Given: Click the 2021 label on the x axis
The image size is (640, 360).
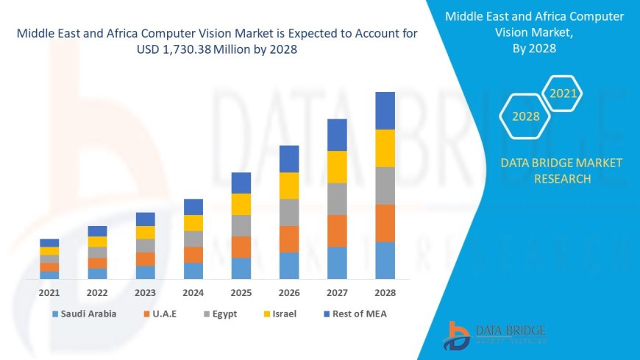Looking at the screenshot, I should click(x=49, y=292).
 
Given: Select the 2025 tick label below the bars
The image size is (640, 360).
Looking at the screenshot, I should click(x=241, y=292).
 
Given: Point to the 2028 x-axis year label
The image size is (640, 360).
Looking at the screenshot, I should click(x=385, y=292).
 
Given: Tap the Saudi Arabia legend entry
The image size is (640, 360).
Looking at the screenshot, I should click(x=84, y=314).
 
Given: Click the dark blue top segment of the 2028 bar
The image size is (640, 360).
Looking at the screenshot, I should click(x=385, y=110).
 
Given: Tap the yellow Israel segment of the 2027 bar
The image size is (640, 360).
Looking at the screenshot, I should click(x=337, y=166).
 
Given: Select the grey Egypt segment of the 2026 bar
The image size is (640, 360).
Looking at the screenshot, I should click(x=289, y=212).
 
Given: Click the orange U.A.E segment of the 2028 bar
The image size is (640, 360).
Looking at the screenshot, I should click(x=385, y=223).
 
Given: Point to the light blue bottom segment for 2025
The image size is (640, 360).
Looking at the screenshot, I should click(x=241, y=268).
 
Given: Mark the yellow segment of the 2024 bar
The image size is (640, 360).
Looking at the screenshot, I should click(x=193, y=222).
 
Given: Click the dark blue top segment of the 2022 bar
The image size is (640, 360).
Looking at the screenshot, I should click(x=97, y=231).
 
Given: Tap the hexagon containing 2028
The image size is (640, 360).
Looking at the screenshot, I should click(x=526, y=116).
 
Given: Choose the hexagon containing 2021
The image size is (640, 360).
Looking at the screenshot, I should click(x=563, y=93).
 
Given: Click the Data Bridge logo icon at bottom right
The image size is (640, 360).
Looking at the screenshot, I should click(x=458, y=336).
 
